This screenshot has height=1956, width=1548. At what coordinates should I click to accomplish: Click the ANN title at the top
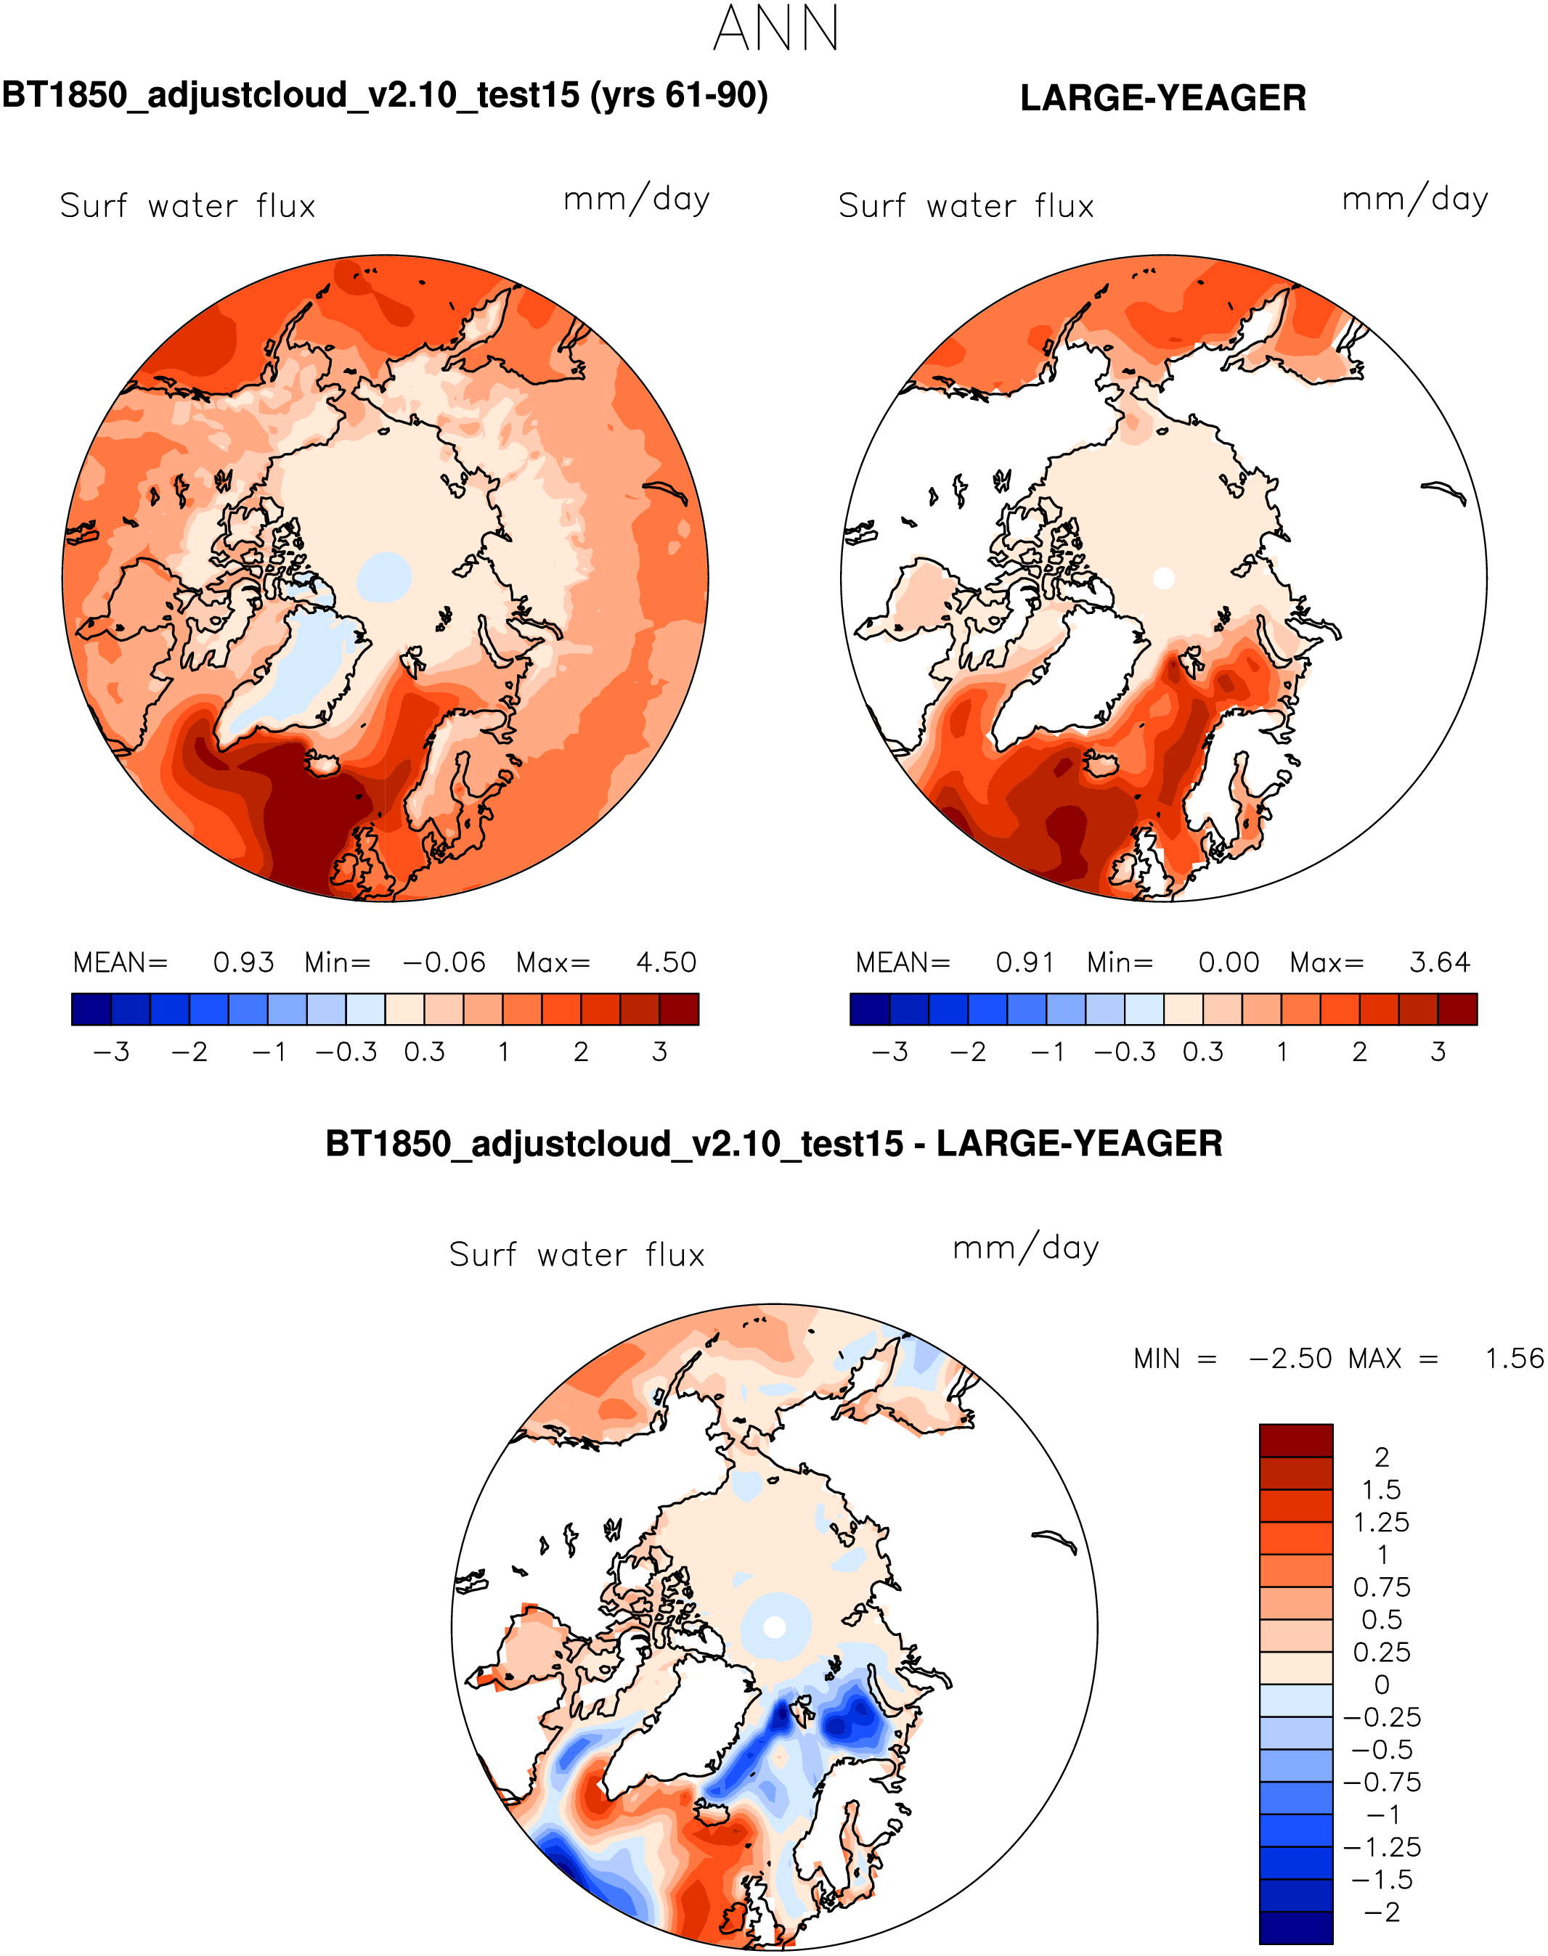pyautogui.click(x=775, y=29)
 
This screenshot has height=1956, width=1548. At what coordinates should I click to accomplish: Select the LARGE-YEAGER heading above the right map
pyautogui.click(x=1162, y=98)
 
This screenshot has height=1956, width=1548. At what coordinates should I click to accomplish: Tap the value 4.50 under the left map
pyautogui.click(x=666, y=962)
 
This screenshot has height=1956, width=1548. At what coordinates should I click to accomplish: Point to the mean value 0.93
pyautogui.click(x=243, y=962)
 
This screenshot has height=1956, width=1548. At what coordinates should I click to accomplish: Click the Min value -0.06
pyautogui.click(x=444, y=962)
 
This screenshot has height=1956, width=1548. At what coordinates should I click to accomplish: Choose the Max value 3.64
pyautogui.click(x=1439, y=962)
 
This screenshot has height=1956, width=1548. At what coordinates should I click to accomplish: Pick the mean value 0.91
pyautogui.click(x=1025, y=962)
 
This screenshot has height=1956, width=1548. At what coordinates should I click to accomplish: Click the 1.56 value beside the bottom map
pyautogui.click(x=1514, y=1359)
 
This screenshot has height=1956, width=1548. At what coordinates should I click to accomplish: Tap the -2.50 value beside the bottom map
pyautogui.click(x=1290, y=1359)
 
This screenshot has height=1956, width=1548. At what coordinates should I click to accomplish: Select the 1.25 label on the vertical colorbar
pyautogui.click(x=1381, y=1522)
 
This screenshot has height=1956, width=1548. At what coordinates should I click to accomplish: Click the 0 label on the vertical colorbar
pyautogui.click(x=1381, y=1685)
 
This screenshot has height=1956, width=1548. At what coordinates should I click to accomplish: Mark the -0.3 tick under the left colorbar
pyautogui.click(x=346, y=1052)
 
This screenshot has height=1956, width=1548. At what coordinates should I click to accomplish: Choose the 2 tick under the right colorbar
pyautogui.click(x=1359, y=1052)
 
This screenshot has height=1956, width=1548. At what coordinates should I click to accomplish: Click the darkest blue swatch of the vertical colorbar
pyautogui.click(x=1296, y=1927)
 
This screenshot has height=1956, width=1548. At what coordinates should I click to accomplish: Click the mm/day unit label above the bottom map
pyautogui.click(x=1025, y=1248)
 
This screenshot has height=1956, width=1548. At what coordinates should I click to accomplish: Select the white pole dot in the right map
pyautogui.click(x=1164, y=578)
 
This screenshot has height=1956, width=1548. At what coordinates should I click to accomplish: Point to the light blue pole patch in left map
pyautogui.click(x=384, y=577)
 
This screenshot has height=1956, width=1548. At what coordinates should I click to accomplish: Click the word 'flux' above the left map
pyautogui.click(x=285, y=207)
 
